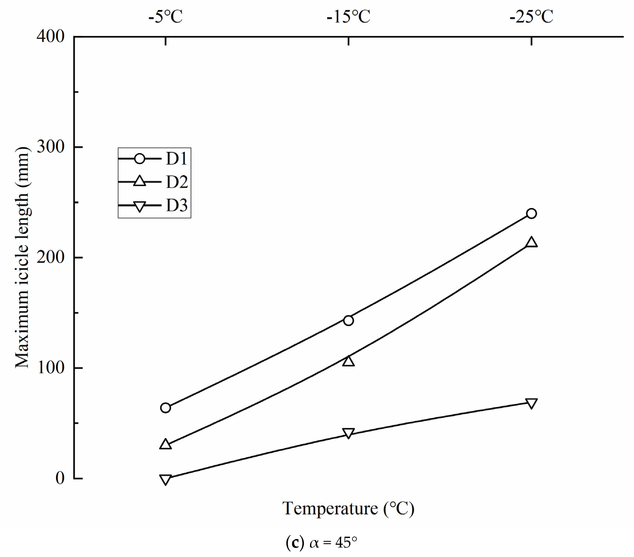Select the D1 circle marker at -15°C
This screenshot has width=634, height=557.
point(348,320)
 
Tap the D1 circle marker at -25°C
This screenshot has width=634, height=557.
point(531,214)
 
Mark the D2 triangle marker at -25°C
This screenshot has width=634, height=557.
point(532,242)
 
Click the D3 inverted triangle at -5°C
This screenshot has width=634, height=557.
point(166,479)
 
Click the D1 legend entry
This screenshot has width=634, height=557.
point(154,159)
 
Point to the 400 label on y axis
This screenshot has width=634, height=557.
point(50,37)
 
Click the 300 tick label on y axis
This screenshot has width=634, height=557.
point(50,147)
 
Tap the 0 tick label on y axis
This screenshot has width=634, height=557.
point(60,478)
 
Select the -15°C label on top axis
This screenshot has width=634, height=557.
point(348,17)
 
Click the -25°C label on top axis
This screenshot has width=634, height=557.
point(531,17)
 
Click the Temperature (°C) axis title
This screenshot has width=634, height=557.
point(348,509)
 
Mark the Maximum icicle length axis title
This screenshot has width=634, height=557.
point(22,257)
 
